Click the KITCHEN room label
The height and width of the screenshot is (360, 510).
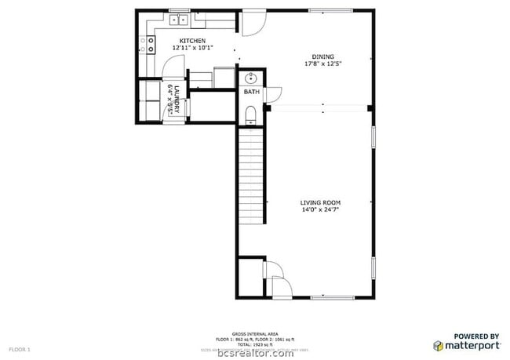192,41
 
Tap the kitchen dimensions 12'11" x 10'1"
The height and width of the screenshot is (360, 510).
192,48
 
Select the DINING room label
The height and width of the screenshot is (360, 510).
322,56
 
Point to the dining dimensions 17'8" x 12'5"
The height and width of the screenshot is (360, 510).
322,64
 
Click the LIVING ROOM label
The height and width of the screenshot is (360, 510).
320,202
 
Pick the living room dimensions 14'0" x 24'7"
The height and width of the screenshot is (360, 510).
320,209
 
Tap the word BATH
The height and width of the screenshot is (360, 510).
251,93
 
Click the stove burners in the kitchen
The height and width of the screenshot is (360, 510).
145,45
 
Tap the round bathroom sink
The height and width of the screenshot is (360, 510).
252,78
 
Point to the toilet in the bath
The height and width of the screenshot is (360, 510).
250,116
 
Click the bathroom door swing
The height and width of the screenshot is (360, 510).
271,95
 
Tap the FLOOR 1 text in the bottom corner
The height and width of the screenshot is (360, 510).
19,348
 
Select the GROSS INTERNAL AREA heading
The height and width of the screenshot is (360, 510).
255,333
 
